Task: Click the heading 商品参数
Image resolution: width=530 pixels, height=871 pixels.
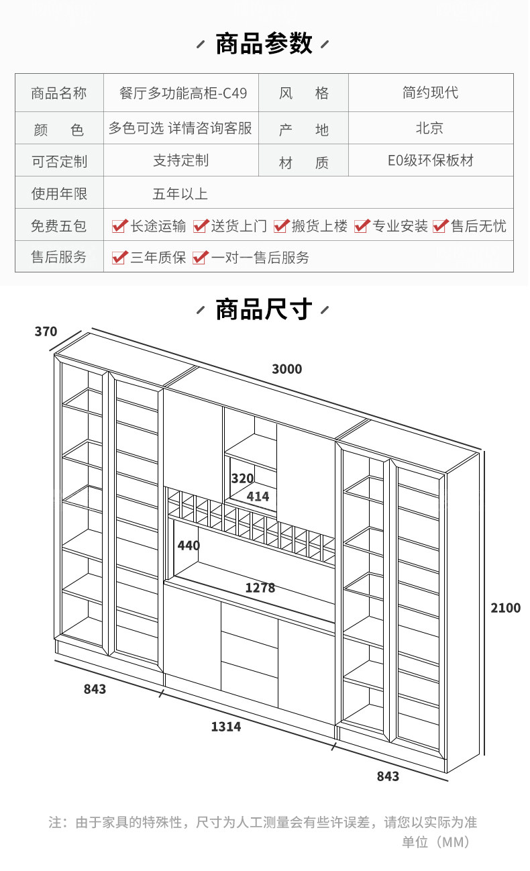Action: pos(264,44)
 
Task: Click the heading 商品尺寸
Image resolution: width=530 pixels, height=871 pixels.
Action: pos(264,310)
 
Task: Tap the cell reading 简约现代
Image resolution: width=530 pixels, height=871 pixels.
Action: pos(430,93)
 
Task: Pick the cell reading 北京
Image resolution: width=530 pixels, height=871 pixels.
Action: pos(430,127)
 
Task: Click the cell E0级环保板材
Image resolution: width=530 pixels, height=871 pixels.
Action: pos(430,161)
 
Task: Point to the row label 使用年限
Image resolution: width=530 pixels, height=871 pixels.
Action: pos(59,194)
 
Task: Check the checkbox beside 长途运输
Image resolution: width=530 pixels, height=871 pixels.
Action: pos(119,226)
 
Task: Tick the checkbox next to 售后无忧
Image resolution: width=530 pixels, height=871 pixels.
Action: pos(440,226)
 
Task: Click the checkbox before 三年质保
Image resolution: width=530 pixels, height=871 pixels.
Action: pos(119,258)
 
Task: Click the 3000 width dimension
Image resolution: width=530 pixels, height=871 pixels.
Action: pos(286,369)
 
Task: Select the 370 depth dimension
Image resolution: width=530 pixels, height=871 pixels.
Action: pos(46,331)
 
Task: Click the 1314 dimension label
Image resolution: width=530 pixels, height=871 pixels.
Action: pos(225,727)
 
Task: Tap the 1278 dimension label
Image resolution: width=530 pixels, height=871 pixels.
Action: pos(260,588)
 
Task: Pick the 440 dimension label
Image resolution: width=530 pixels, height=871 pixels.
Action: pos(189,546)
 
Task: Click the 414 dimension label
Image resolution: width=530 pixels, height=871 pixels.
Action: pos(258,497)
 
